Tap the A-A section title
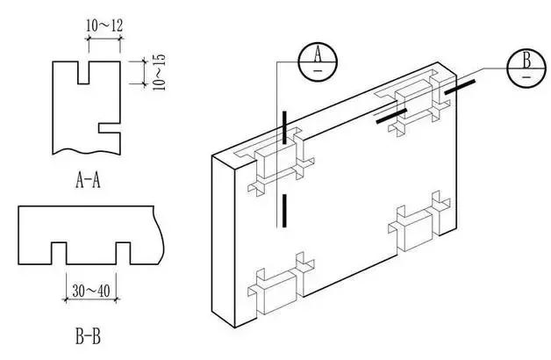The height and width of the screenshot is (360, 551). [89, 182]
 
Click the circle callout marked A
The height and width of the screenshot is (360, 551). [318, 59]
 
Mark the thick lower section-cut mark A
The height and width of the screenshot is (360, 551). [284, 210]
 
